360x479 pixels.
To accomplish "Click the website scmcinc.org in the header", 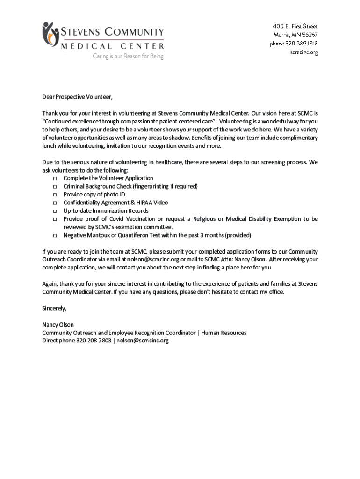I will (x=304, y=53).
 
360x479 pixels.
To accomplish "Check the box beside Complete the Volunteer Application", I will (x=54, y=179).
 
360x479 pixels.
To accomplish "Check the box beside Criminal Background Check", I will (x=54, y=187).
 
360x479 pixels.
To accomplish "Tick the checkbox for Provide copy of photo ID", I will (x=54, y=195).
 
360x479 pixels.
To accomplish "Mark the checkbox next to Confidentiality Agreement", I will (x=54, y=203).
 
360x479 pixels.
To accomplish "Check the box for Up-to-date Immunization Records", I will (x=54, y=211).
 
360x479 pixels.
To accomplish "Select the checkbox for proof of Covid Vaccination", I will (x=54, y=219).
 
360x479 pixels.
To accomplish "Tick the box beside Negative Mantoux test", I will (x=54, y=235).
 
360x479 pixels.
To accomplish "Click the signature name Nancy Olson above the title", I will (x=58, y=325).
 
